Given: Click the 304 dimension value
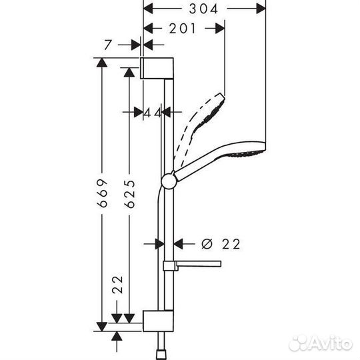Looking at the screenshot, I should tap(205, 9).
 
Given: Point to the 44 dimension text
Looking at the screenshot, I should tap(153, 113).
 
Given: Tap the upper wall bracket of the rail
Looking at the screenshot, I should tap(158, 69).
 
